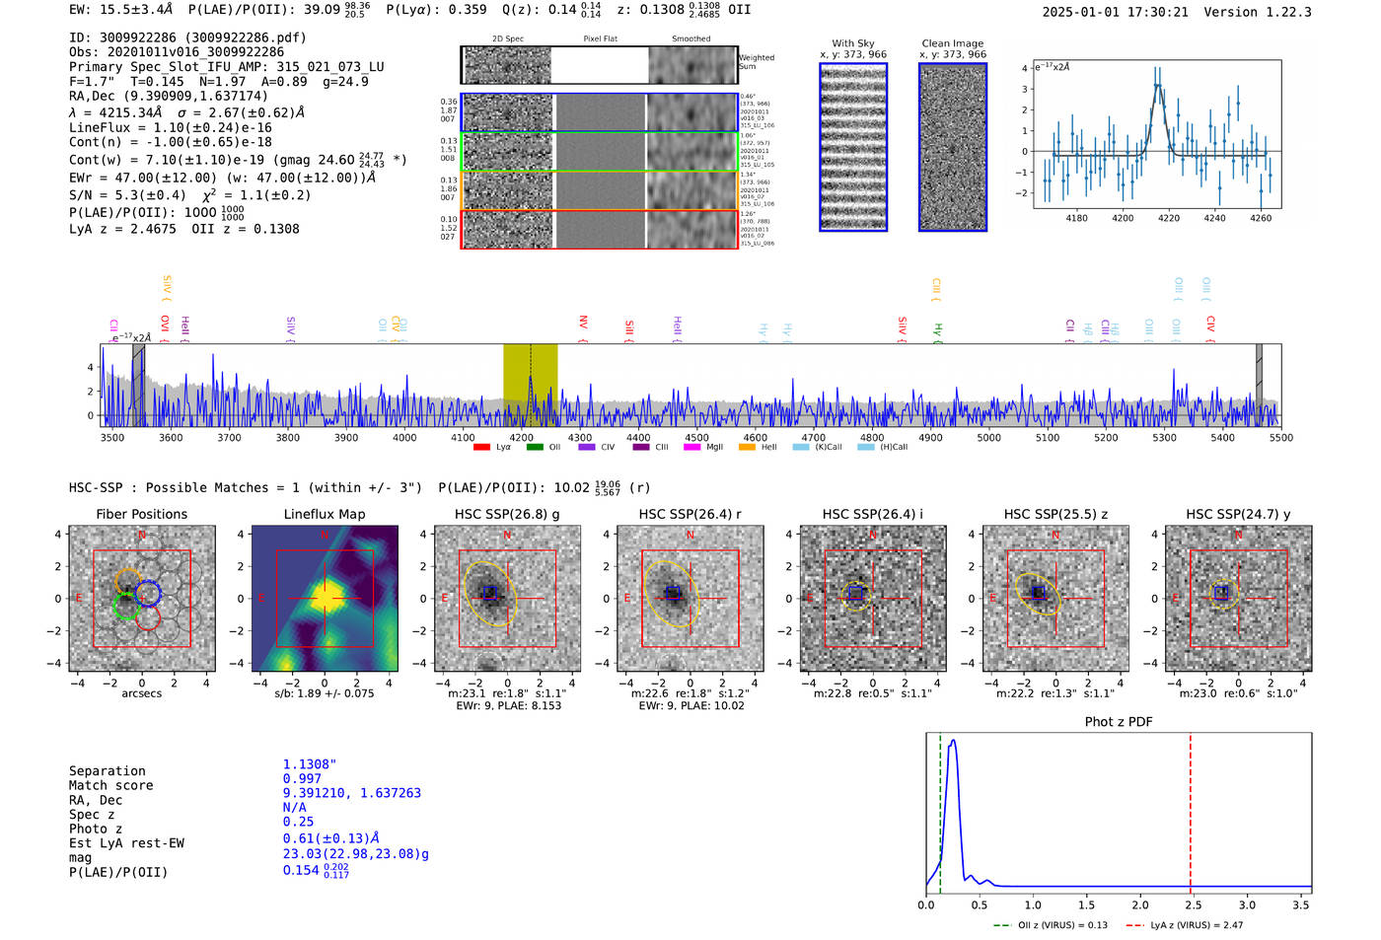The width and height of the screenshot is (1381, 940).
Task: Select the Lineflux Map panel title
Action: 325,514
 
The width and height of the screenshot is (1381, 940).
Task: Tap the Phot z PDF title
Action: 1119,721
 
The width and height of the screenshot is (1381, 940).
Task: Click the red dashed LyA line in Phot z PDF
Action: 1190,809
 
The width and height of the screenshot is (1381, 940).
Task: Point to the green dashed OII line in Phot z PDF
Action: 940,809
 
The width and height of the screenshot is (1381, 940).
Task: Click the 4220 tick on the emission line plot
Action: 1169,218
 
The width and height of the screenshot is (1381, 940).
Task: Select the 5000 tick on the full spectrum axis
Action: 988,437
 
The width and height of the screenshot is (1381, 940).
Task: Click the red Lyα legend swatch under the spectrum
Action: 481,447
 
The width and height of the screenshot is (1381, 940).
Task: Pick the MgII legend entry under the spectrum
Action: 707,447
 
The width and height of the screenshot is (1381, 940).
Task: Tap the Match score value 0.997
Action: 302,778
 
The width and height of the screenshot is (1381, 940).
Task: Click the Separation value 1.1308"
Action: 310,764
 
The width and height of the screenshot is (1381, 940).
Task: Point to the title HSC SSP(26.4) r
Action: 690,514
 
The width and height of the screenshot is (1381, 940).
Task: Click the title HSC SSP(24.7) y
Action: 1238,514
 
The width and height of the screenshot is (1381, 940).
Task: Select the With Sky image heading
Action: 853,43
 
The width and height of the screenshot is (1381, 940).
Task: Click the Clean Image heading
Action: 953,43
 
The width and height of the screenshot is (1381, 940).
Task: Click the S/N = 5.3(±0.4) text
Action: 127,195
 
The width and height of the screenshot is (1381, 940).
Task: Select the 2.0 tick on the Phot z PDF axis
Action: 1140,904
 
